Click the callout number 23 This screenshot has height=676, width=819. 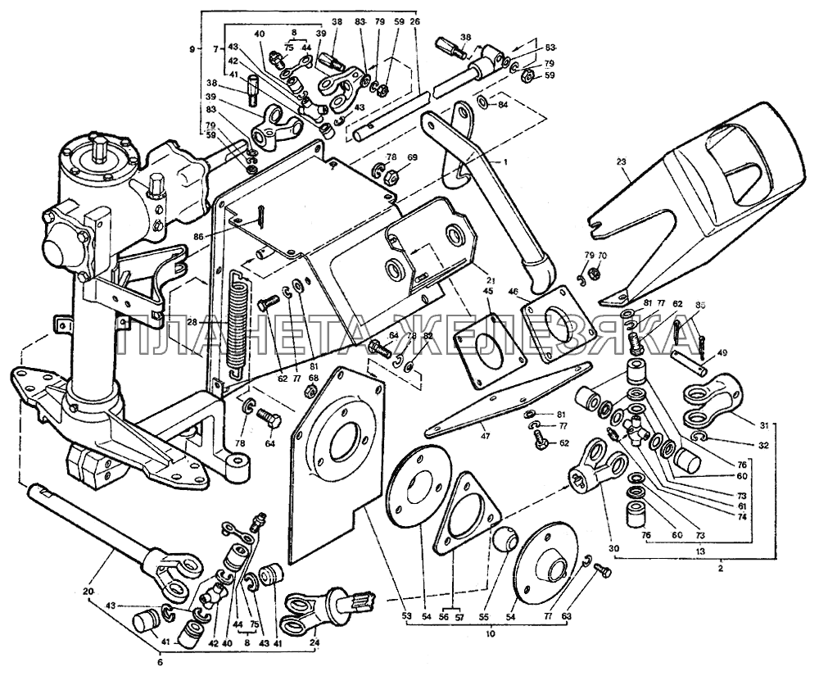625,173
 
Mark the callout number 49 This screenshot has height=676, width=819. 722,353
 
